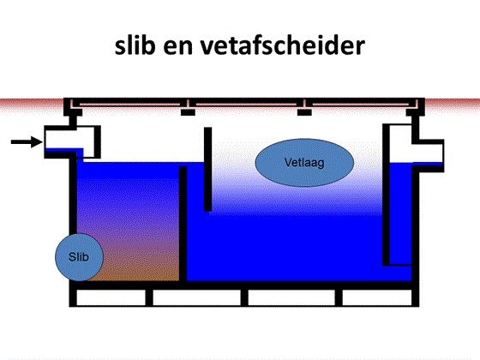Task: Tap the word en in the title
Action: pos(177,48)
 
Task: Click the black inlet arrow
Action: pos(27,141)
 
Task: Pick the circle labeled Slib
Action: pos(79,257)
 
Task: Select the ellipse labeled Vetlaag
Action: pos(304,163)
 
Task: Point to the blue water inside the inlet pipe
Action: pos(64,150)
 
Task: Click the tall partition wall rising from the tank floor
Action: pos(183,224)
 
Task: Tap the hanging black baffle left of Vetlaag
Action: pos(207,169)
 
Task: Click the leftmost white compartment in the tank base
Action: pos(111,297)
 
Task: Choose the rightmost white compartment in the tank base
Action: pos(377,297)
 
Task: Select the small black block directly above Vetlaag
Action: pos(304,112)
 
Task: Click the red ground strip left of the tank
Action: pos(32,104)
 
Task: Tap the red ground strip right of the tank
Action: pos(453,104)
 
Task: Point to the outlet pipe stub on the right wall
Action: pos(429,156)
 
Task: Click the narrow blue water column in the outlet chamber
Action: pos(400,213)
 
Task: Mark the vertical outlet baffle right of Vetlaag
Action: pos(386,195)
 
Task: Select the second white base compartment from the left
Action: pos(196,297)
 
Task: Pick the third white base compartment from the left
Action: pos(291,297)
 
